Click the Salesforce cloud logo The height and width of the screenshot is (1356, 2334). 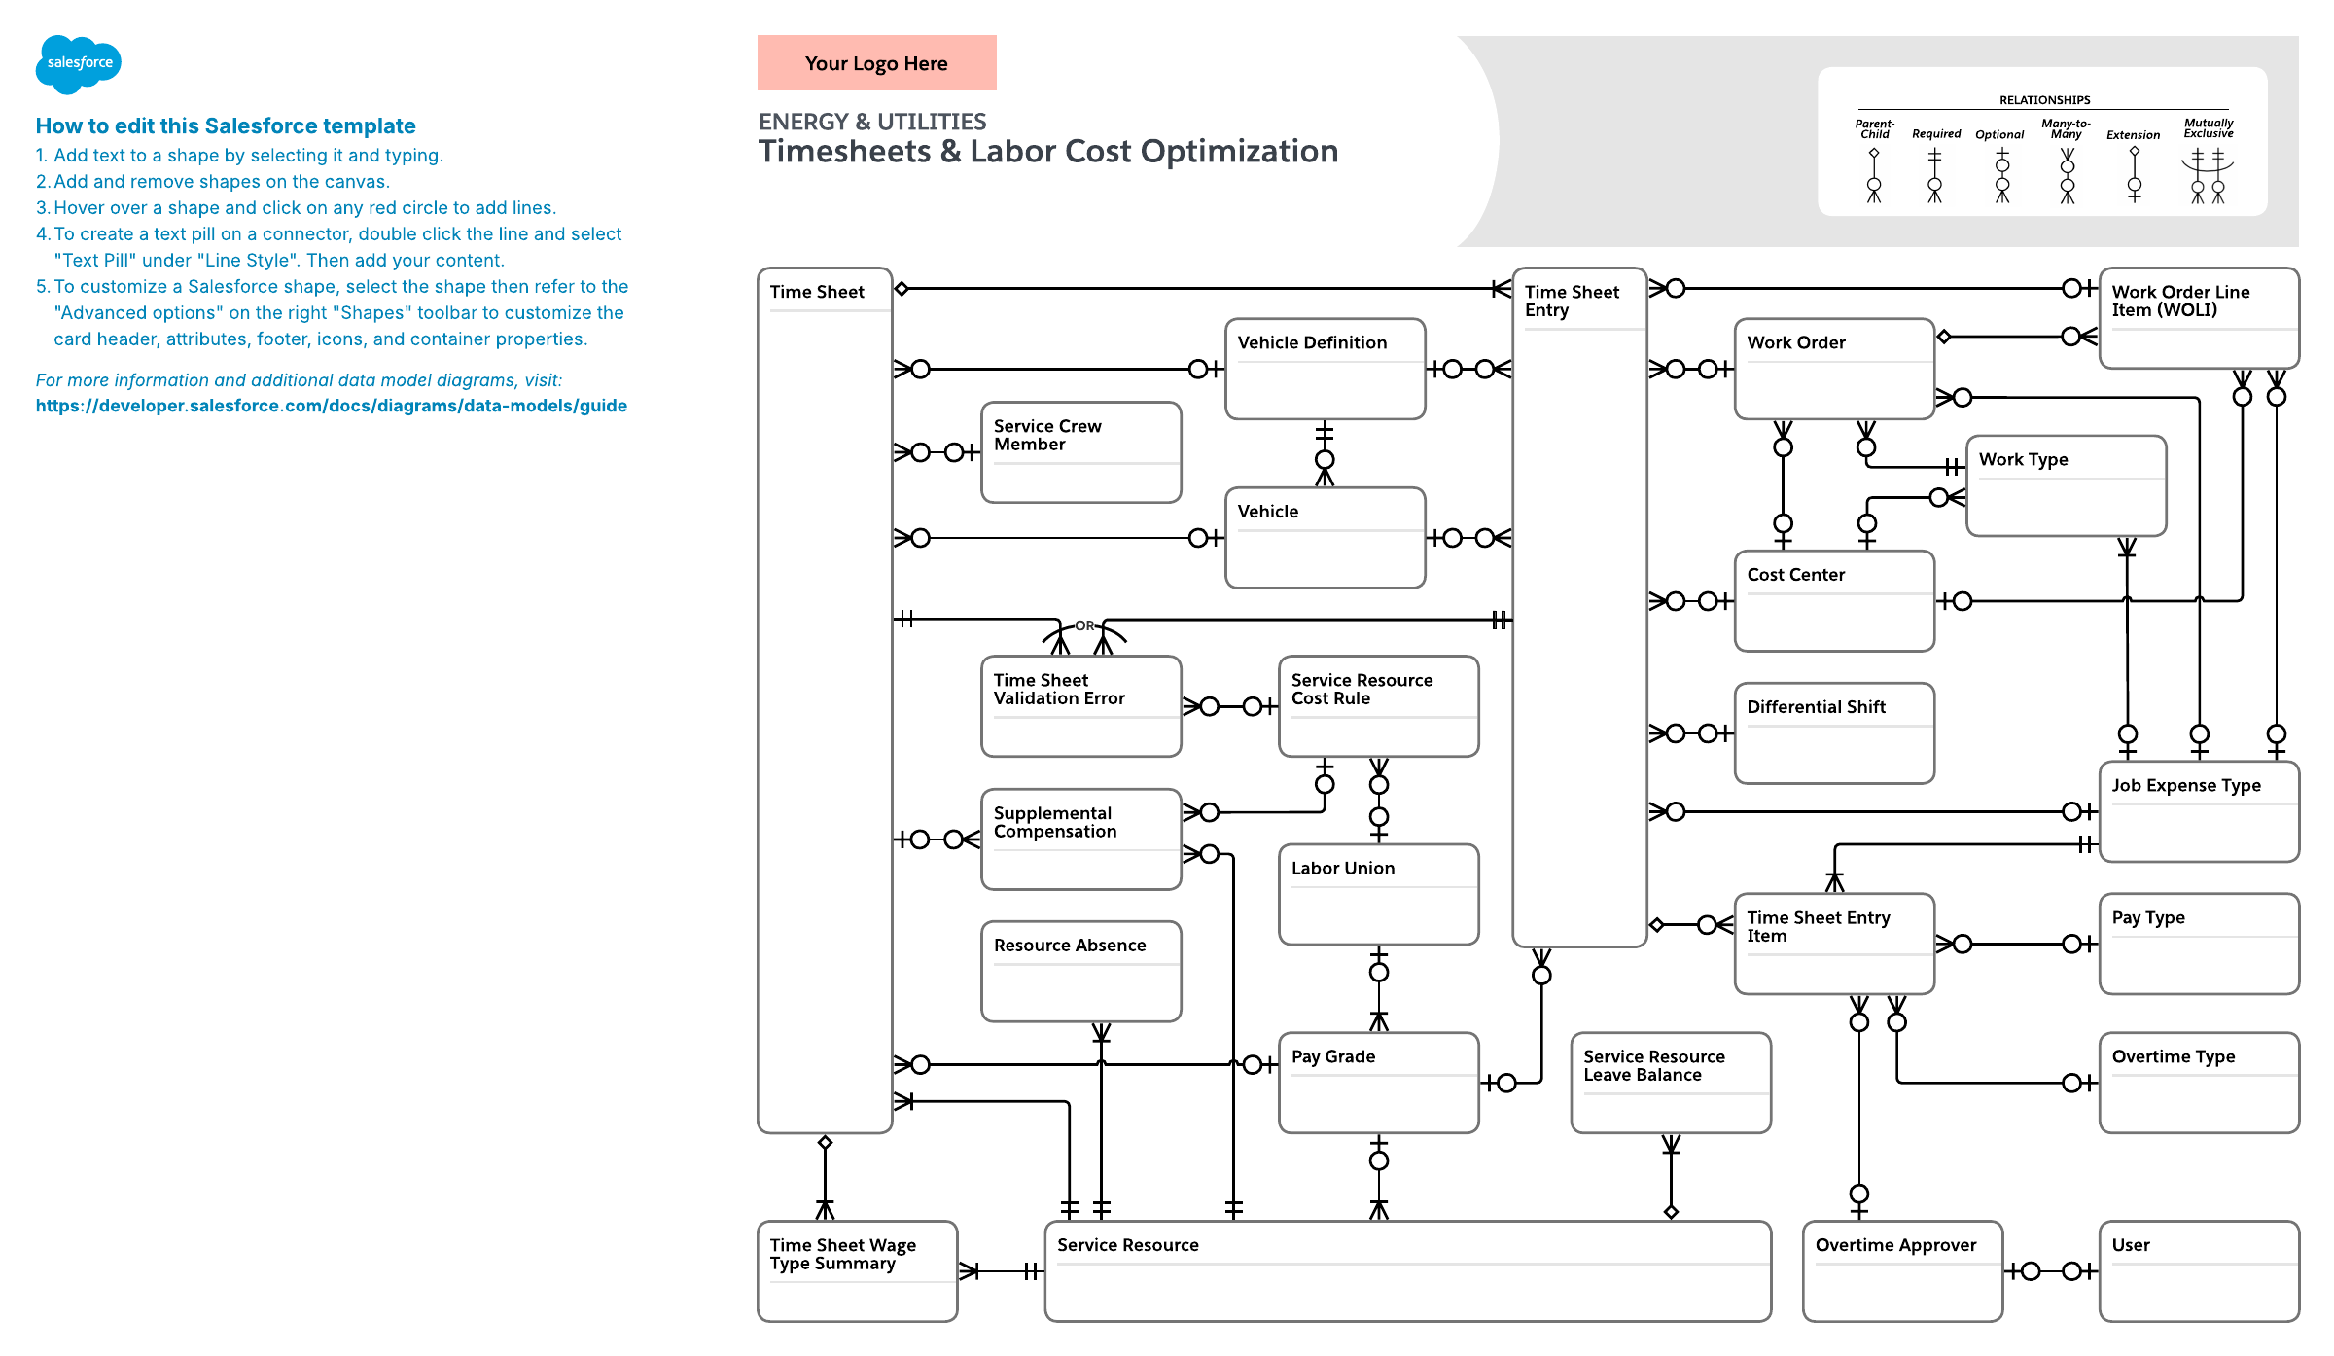tap(79, 64)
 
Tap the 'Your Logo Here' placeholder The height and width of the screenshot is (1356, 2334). tap(876, 63)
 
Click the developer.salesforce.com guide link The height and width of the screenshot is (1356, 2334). tap(332, 406)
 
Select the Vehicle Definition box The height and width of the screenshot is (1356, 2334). tap(1326, 369)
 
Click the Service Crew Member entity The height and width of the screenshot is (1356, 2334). tap(1081, 452)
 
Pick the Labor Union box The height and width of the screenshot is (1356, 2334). tap(1379, 894)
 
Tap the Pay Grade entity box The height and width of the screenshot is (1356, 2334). tap(1379, 1083)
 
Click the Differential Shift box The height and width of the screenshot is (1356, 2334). tap(1834, 732)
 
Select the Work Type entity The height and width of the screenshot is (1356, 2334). tap(2067, 485)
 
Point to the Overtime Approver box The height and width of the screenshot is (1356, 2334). tap(1902, 1271)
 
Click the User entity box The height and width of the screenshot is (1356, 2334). tap(2200, 1271)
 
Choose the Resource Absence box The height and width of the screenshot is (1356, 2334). tap(1081, 971)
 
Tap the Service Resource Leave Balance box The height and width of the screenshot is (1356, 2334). tap(1671, 1083)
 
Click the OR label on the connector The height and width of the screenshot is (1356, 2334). tap(1084, 625)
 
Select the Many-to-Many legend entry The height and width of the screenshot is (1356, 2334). tap(2067, 161)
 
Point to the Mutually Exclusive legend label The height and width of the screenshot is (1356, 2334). tap(2209, 128)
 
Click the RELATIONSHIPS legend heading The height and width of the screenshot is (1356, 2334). tap(2044, 100)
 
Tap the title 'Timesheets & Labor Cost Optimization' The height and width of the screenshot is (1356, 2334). tap(1048, 152)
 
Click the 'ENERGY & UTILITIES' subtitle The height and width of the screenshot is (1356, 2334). tap(872, 122)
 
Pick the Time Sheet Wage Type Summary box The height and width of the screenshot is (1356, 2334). tap(858, 1271)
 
